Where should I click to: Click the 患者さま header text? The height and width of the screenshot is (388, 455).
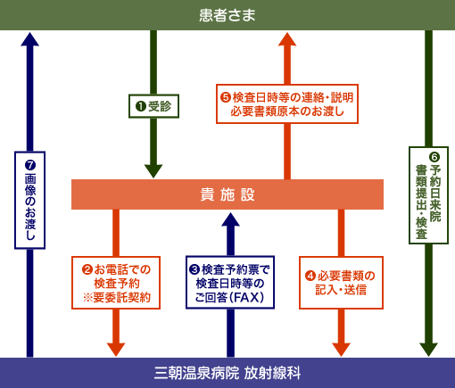(x=227, y=14)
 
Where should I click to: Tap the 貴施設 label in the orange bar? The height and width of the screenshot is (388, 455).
(x=227, y=194)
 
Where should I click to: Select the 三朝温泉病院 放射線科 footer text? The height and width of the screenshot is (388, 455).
(x=227, y=373)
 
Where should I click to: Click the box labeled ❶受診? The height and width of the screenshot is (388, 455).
(x=154, y=106)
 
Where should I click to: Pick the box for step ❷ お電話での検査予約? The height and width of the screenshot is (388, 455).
(x=116, y=282)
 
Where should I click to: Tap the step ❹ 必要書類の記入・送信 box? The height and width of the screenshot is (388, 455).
(x=341, y=282)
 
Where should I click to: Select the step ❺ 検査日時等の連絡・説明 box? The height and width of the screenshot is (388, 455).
(x=286, y=103)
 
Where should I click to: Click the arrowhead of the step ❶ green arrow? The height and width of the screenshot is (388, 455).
(x=153, y=170)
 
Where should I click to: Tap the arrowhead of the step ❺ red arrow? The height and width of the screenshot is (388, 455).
(x=286, y=39)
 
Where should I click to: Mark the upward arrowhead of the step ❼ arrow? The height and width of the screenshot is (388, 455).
(x=29, y=39)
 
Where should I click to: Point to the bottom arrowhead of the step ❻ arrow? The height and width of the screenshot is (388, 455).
(x=428, y=348)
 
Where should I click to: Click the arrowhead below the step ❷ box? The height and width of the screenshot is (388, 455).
(x=116, y=348)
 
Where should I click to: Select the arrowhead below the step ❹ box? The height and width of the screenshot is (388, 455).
(x=341, y=348)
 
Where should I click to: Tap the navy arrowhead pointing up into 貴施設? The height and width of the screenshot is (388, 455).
(x=230, y=219)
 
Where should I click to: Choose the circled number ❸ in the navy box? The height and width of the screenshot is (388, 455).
(x=195, y=268)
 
